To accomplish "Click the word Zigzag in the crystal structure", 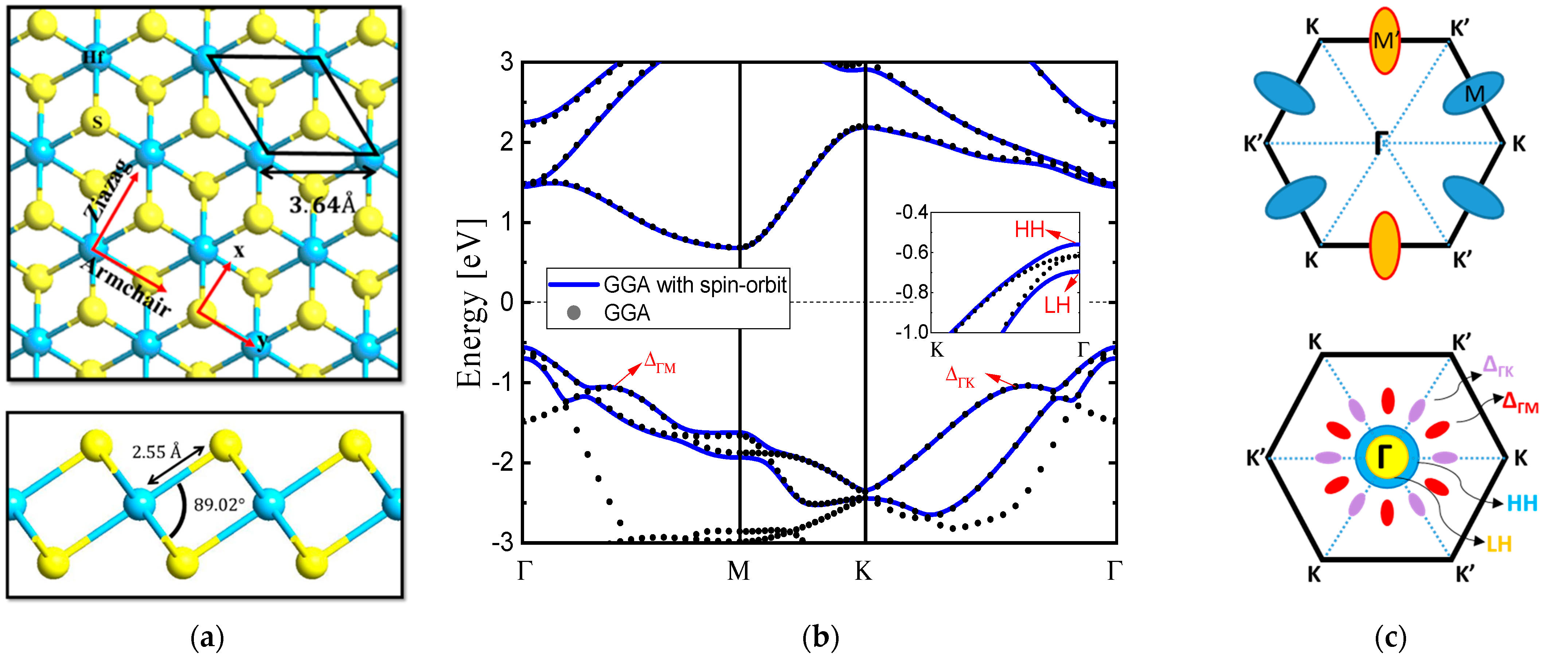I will tap(108, 190).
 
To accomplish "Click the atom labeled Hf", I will tap(93, 57).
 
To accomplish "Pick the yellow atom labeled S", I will tap(96, 122).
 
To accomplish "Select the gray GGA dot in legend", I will tap(573, 312).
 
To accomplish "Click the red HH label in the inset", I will tap(1029, 229).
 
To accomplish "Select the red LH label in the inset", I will tap(1057, 306).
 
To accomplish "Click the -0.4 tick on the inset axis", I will tap(911, 213).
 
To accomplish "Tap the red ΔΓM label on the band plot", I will tap(660, 363).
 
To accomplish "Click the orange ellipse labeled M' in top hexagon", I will tap(1385, 41).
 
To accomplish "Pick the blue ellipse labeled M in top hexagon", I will tap(1473, 93).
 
